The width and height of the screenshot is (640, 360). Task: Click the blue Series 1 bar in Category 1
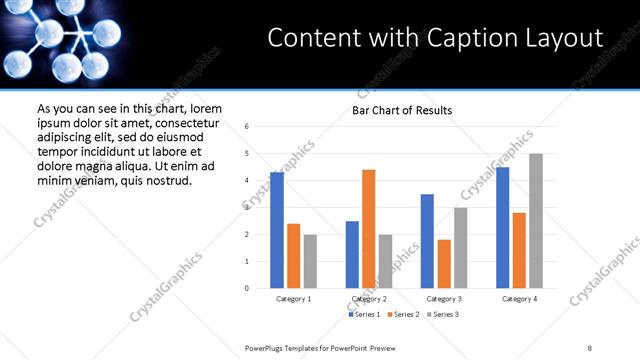pos(277,230)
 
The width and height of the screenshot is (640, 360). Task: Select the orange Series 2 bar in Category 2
pos(368,229)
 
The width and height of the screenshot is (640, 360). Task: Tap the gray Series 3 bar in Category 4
pos(536,221)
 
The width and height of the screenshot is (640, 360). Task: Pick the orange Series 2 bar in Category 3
pos(444,264)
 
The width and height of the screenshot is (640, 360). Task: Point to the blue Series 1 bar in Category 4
pos(502,228)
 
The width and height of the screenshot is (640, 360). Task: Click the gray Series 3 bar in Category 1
pos(310,261)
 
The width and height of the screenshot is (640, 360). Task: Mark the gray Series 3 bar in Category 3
pos(460,247)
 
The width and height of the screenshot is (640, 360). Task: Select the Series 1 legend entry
pos(364,314)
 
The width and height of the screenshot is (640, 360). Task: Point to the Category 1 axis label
pos(293,298)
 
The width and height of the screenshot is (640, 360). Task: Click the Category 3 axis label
pos(443,298)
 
